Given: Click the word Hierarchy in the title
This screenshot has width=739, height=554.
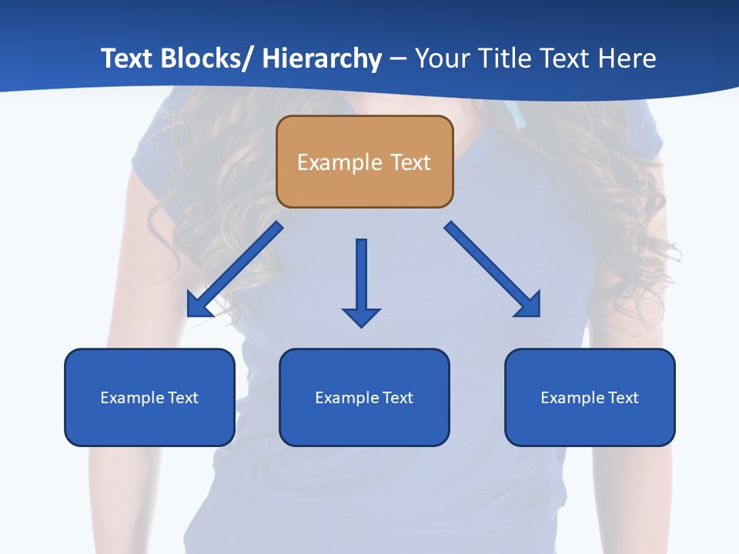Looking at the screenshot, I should [322, 59].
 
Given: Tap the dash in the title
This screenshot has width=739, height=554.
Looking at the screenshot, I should [398, 59].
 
